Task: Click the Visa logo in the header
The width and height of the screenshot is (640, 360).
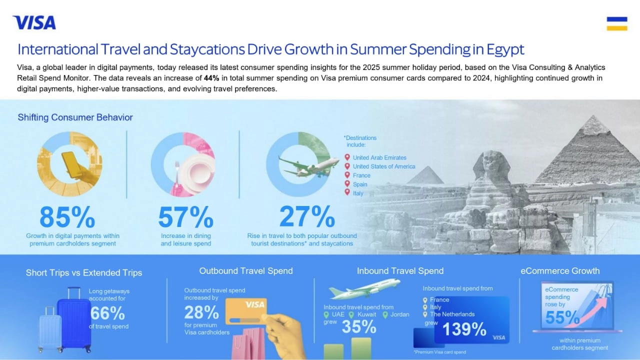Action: click(x=34, y=22)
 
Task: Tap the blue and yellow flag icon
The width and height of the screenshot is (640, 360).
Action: click(x=616, y=23)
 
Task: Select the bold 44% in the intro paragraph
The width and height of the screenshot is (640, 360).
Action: click(x=211, y=78)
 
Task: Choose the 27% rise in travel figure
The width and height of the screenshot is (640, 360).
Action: click(x=307, y=216)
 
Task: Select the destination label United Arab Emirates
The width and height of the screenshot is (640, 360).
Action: click(x=379, y=157)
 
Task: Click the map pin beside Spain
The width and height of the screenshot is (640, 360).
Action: click(x=347, y=184)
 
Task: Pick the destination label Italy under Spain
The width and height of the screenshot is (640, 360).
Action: click(x=358, y=193)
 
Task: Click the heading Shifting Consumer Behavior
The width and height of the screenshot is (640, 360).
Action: click(x=75, y=117)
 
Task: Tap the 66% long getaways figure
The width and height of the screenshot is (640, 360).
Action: click(x=107, y=313)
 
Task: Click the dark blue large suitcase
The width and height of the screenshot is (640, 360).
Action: click(x=74, y=320)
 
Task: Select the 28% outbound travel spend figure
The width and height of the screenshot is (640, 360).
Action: click(x=201, y=313)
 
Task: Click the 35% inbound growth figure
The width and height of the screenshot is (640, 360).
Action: click(x=359, y=326)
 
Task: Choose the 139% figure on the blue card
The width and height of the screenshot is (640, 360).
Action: click(x=464, y=329)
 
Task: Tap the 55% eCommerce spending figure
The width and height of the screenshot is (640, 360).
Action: click(x=562, y=317)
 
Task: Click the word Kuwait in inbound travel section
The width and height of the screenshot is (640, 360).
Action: click(x=366, y=314)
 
